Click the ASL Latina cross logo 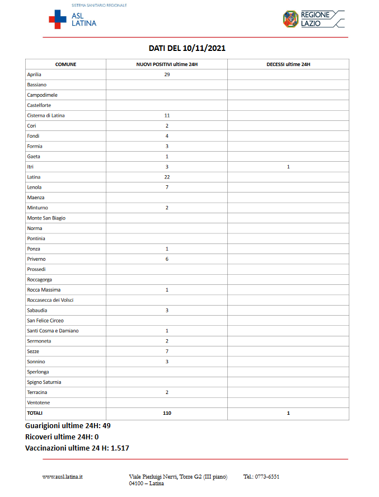(58, 19)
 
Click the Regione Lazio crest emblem (291, 19)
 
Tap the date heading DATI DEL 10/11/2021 (187, 49)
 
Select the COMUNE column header (65, 64)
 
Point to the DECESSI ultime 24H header (288, 64)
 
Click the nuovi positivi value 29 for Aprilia (167, 74)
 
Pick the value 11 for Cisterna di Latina (167, 115)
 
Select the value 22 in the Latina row (167, 177)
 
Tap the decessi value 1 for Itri (288, 167)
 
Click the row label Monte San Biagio (46, 218)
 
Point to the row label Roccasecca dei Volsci (50, 300)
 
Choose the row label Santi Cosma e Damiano (53, 331)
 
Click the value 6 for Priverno (167, 259)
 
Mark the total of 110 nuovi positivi (167, 413)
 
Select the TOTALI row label (35, 413)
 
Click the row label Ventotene (39, 402)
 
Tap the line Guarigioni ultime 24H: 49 (68, 426)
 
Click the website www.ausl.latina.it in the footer (63, 477)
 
